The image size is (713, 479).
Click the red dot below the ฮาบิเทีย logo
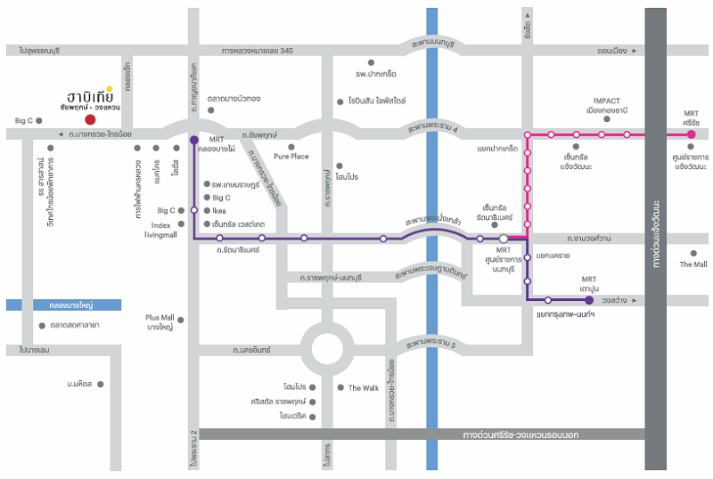[x=89, y=118]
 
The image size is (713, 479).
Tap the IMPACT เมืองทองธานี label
[x=605, y=105]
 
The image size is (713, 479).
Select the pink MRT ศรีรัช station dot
[x=691, y=134]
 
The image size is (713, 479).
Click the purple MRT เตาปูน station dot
[x=589, y=300]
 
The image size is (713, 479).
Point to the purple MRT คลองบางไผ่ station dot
[x=193, y=140]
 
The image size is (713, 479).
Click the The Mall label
[x=693, y=264]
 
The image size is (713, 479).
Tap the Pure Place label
[x=291, y=156]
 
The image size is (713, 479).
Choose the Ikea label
[x=219, y=211]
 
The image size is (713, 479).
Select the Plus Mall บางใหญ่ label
[x=160, y=321]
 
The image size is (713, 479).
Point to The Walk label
[x=363, y=387]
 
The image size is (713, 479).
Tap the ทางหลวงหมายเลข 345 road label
[x=257, y=51]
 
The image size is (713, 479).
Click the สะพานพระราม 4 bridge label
[x=431, y=129]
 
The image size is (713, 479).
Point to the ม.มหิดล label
[x=80, y=384]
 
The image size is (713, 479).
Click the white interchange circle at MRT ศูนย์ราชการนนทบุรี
[x=504, y=239]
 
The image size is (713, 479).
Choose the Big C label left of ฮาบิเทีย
[x=23, y=119]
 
